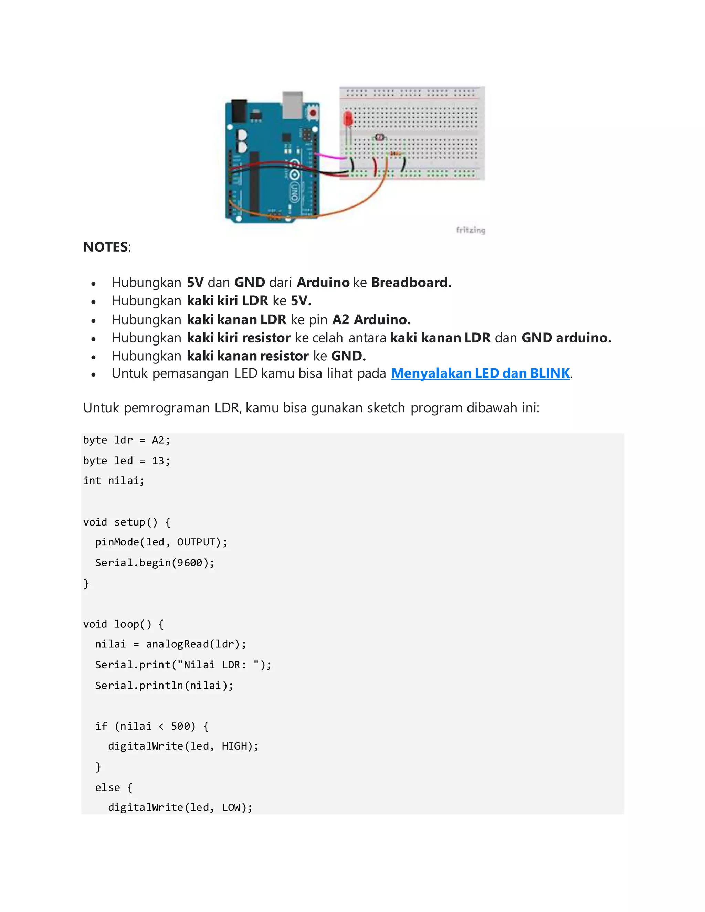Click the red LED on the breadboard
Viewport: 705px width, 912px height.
347,119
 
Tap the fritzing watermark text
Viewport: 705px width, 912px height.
470,230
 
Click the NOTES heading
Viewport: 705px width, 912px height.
106,247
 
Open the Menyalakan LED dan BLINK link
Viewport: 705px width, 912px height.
480,373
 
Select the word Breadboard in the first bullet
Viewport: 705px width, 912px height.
411,282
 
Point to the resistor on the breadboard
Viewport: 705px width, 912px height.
396,154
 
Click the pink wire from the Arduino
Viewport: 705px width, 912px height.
330,156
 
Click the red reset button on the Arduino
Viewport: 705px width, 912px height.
313,113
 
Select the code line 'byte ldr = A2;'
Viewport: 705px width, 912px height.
127,440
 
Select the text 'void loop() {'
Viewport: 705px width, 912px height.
123,624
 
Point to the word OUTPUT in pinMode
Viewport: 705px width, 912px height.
196,542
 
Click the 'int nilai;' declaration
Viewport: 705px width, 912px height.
114,481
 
